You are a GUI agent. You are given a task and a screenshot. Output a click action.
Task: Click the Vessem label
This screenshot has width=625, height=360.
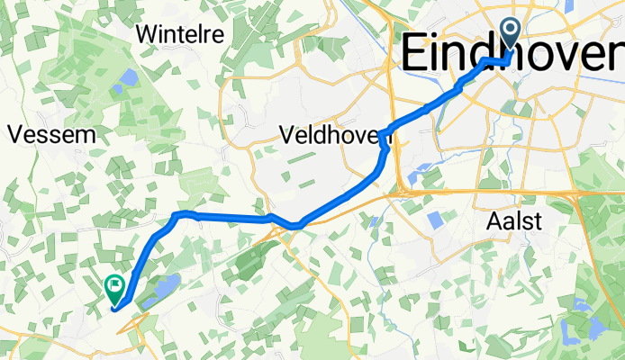[x=51, y=135]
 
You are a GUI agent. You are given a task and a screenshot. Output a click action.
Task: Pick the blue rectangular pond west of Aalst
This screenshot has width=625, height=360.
[x=437, y=220]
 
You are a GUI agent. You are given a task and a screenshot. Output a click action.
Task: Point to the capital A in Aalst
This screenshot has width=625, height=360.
[x=494, y=221]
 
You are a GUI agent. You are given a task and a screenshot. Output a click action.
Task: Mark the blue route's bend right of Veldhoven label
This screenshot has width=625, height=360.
[x=385, y=137]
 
